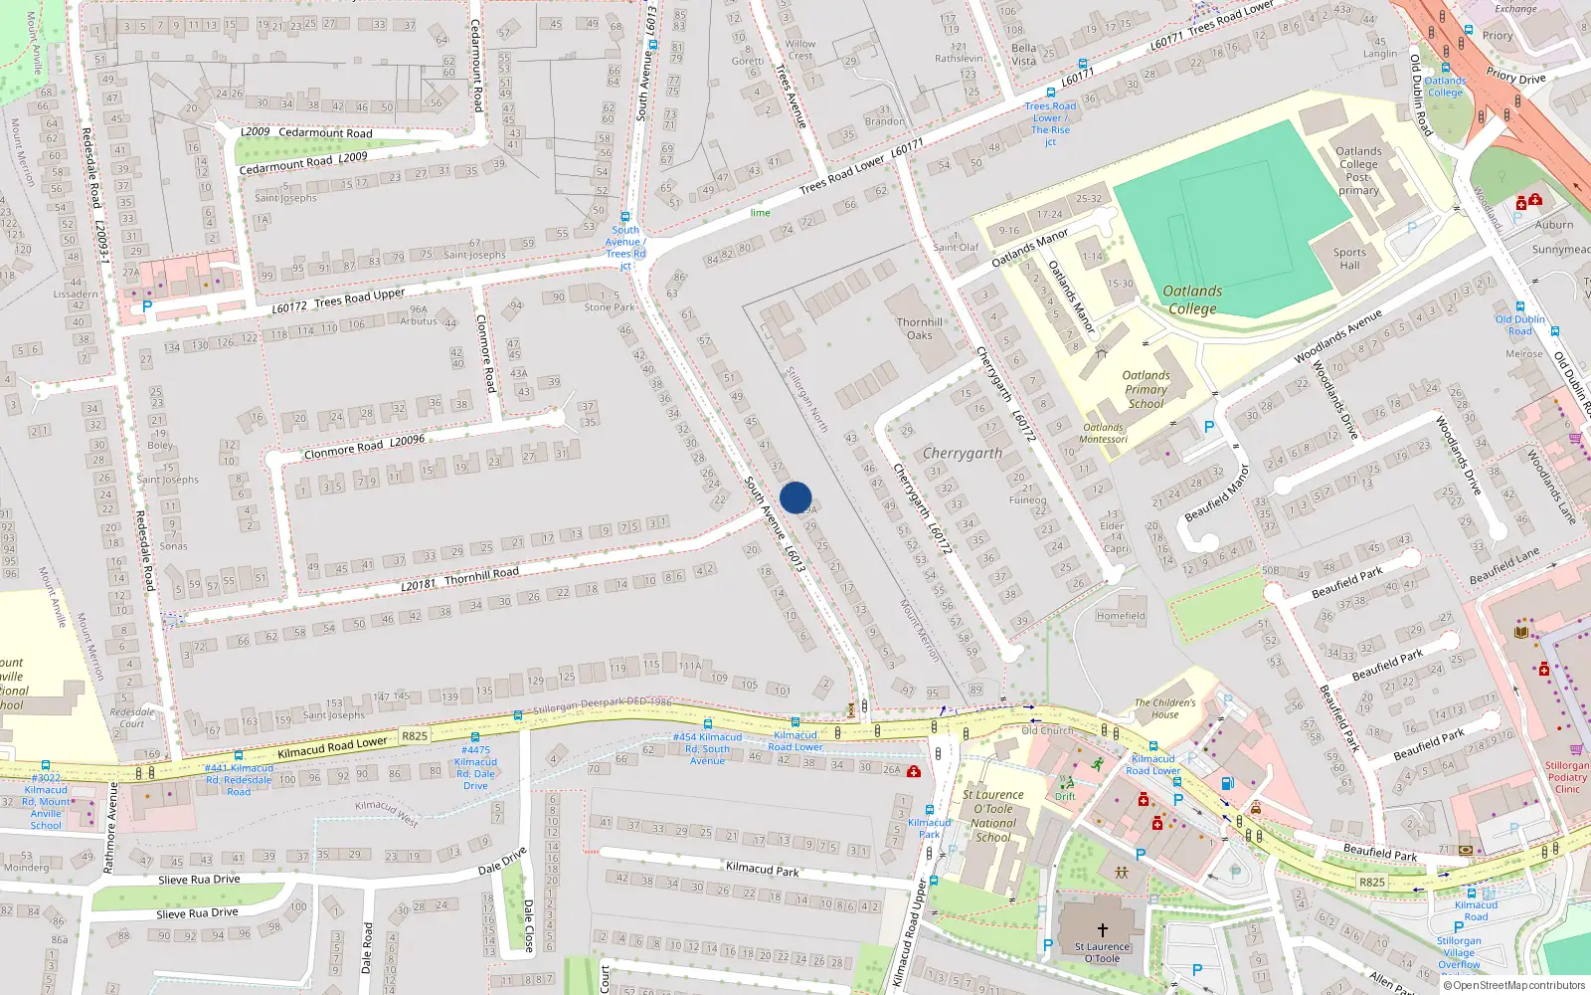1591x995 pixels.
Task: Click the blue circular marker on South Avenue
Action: coord(795,497)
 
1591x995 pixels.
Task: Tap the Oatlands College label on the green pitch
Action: coord(1192,299)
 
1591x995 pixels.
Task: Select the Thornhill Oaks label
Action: coord(919,328)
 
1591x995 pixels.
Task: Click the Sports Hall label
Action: coord(1349,259)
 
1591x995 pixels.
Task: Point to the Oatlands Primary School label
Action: coord(1146,389)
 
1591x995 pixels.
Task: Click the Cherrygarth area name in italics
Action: coord(962,453)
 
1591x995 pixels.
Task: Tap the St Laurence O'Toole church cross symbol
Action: coord(1102,930)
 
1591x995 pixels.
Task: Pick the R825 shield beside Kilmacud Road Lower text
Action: coord(415,736)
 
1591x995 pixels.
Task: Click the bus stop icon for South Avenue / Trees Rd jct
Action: coord(625,216)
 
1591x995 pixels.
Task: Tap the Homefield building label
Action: coord(1121,616)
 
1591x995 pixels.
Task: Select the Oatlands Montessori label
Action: coord(1103,433)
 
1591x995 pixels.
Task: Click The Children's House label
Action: coord(1164,708)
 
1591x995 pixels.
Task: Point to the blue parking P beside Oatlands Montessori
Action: coord(1209,427)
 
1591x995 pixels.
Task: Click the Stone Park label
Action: coord(610,307)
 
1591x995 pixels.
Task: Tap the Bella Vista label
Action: coord(1023,54)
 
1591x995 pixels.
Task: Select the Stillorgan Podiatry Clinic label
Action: coord(1567,777)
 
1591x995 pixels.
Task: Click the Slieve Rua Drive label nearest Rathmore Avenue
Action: coord(199,880)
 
